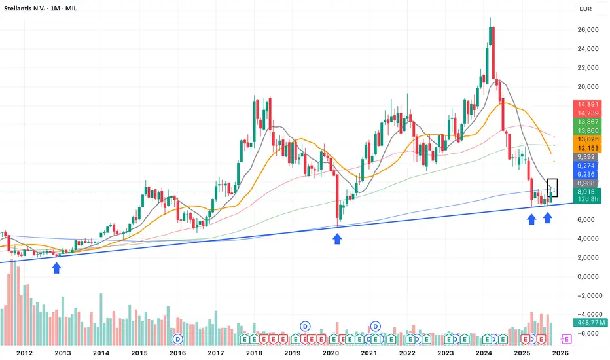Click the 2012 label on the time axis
point(25,353)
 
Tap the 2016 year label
point(177,353)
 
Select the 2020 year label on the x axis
point(331,353)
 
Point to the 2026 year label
point(561,353)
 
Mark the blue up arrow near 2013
point(57,267)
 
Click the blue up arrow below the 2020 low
point(337,240)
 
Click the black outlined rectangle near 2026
point(553,188)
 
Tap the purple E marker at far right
point(566,338)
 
